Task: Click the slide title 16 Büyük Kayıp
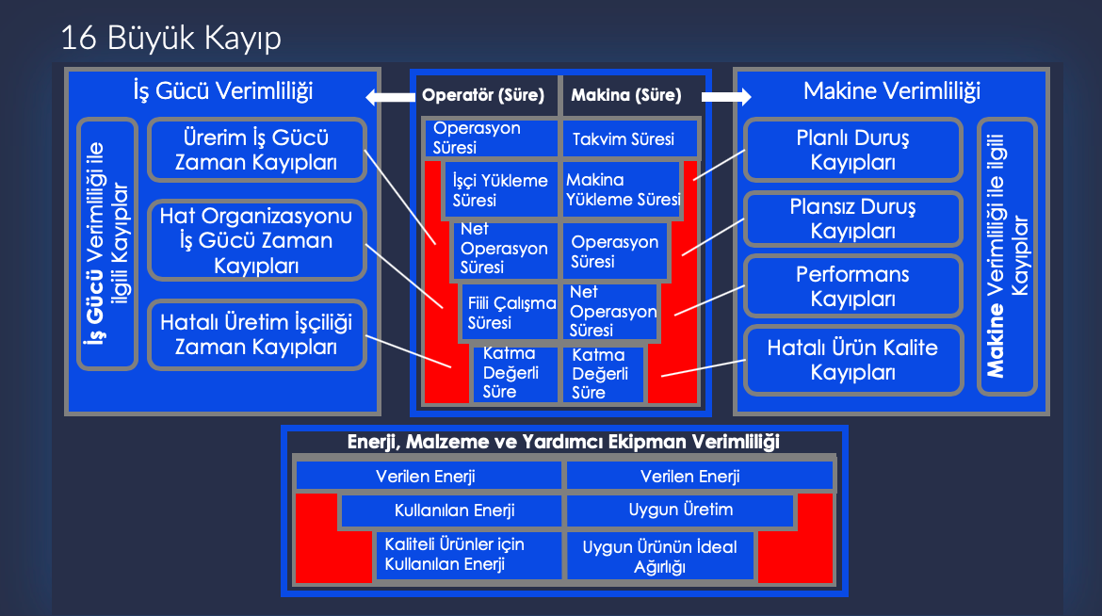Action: (170, 38)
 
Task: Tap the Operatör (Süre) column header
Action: (484, 95)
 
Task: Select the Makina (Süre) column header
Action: (626, 95)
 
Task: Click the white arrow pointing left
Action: (389, 96)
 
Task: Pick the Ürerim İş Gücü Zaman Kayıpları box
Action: (256, 150)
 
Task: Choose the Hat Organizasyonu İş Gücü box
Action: (256, 240)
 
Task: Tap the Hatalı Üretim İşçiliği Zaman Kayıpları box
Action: (256, 334)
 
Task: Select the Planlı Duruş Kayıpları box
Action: (852, 150)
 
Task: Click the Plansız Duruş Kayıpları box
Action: (852, 219)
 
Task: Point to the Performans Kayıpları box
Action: (852, 286)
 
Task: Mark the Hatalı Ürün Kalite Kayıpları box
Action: (852, 360)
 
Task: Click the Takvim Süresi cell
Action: (629, 139)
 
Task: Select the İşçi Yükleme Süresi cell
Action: (500, 189)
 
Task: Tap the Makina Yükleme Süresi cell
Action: (622, 189)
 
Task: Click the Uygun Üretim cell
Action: (680, 511)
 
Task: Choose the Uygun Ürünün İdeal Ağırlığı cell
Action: (659, 557)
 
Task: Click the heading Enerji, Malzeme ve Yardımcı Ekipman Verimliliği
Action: (563, 442)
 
